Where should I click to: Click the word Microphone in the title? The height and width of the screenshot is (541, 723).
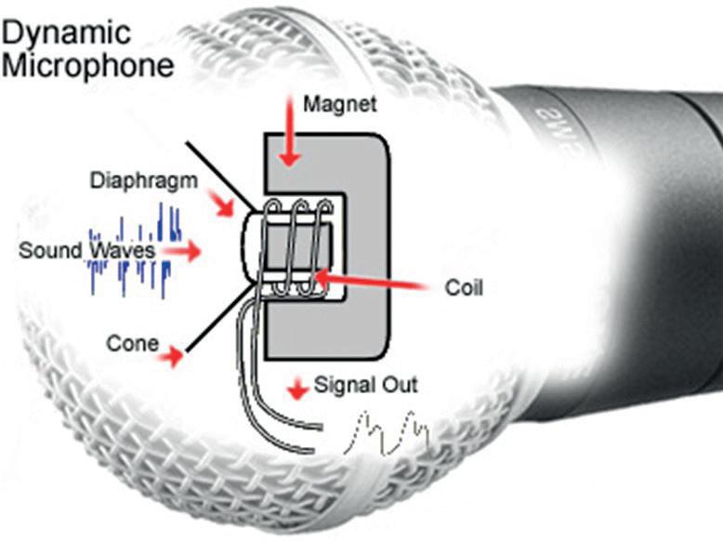pos(87,67)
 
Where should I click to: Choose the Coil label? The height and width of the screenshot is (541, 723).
pos(464,288)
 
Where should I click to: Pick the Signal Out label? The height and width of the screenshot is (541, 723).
pos(366,383)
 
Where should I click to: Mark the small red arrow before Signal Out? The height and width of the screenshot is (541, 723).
pos(296,388)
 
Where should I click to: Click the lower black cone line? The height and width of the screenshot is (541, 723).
pos(219,321)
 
